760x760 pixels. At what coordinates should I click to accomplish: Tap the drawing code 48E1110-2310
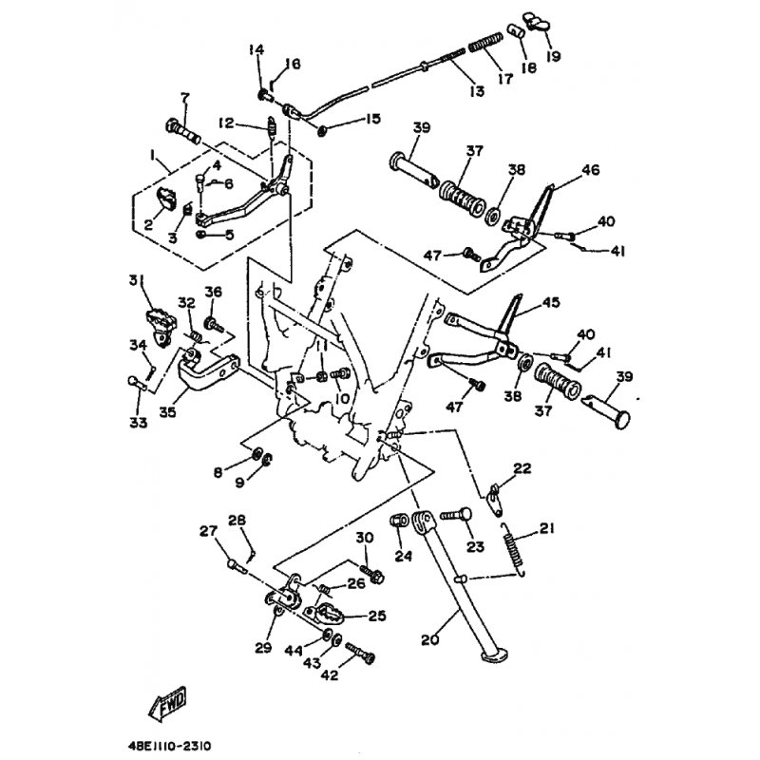[170, 745]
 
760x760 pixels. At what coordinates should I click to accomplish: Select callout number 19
[553, 56]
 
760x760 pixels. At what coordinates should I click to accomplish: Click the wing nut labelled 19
[536, 22]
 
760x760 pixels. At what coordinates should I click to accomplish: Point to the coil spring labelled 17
[485, 42]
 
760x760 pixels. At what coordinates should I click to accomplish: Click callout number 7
[185, 98]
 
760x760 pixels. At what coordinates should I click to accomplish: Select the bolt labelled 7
[183, 131]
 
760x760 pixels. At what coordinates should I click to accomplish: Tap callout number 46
[590, 170]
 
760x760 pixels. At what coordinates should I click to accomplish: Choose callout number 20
[429, 639]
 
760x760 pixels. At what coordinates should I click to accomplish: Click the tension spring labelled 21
[513, 550]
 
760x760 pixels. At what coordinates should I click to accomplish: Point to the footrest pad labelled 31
[159, 327]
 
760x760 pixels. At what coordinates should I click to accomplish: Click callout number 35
[168, 412]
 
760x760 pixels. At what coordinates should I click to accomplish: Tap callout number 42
[330, 674]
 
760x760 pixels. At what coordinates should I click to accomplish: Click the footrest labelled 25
[323, 613]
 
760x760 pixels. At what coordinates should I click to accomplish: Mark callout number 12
[226, 123]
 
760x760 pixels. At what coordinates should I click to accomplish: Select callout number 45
[551, 302]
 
